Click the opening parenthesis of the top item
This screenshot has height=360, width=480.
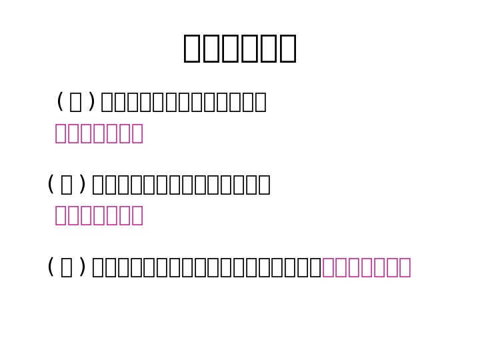[x=60, y=102]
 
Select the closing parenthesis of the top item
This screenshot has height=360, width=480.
[x=91, y=102]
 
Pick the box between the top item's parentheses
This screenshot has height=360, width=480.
[x=75, y=102]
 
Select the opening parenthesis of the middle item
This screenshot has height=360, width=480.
[x=51, y=185]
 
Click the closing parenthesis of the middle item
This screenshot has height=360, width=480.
[x=82, y=185]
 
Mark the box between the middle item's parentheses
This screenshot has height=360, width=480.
[x=67, y=185]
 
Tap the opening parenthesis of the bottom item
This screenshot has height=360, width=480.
[x=51, y=267]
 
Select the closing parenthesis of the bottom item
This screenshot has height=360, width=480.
[x=82, y=267]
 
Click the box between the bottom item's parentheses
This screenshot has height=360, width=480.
[x=67, y=267]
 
